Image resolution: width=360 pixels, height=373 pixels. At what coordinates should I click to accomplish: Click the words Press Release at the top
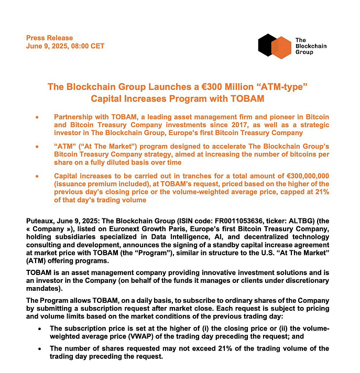(x=50, y=38)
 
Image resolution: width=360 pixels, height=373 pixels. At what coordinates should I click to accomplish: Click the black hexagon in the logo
(x=267, y=45)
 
